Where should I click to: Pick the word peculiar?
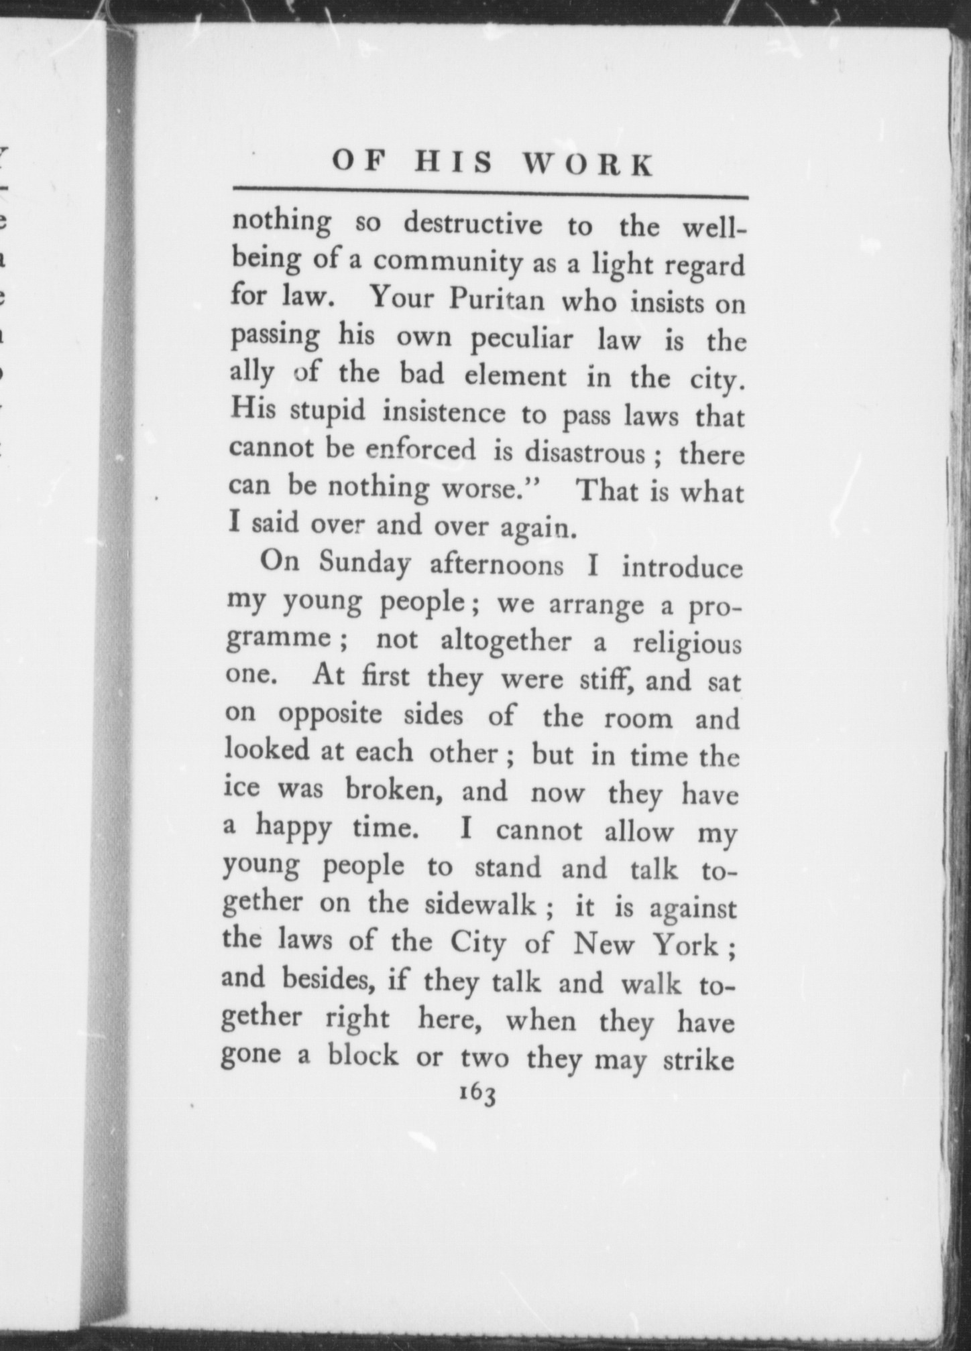[x=522, y=339]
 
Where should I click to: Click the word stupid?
[x=328, y=411]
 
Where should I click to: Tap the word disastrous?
[x=585, y=453]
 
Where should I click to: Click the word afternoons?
[x=496, y=565]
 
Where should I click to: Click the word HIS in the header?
[x=453, y=163]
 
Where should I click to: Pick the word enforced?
[x=421, y=450]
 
